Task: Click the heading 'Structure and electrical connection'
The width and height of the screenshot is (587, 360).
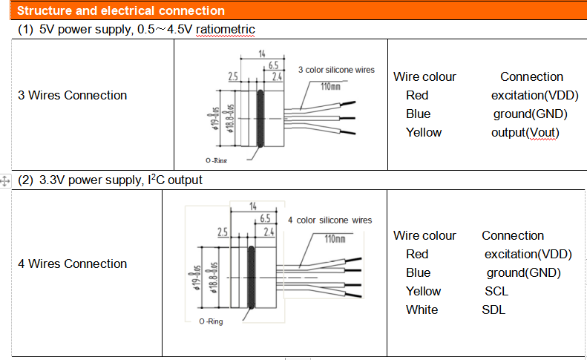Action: click(x=121, y=11)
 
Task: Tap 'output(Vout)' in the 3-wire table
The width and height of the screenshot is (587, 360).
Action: click(x=525, y=132)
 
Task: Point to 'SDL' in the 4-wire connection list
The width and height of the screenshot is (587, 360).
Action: click(x=493, y=310)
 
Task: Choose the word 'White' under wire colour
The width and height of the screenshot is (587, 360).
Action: click(x=422, y=310)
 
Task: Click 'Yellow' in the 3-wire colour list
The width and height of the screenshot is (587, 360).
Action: click(x=424, y=132)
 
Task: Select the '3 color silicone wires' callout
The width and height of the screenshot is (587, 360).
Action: click(x=336, y=70)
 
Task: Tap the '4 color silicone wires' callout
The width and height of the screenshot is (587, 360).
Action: click(x=329, y=220)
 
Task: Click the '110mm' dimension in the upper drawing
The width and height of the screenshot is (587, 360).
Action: click(x=331, y=86)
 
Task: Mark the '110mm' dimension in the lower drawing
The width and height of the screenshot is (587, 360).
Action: click(x=335, y=239)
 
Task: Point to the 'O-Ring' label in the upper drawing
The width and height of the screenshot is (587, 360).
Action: click(x=217, y=160)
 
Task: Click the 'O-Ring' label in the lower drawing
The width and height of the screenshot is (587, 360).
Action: click(x=211, y=321)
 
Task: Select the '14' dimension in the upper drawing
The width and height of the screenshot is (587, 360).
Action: click(x=262, y=54)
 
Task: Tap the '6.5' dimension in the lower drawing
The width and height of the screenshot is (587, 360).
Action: click(x=265, y=218)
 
